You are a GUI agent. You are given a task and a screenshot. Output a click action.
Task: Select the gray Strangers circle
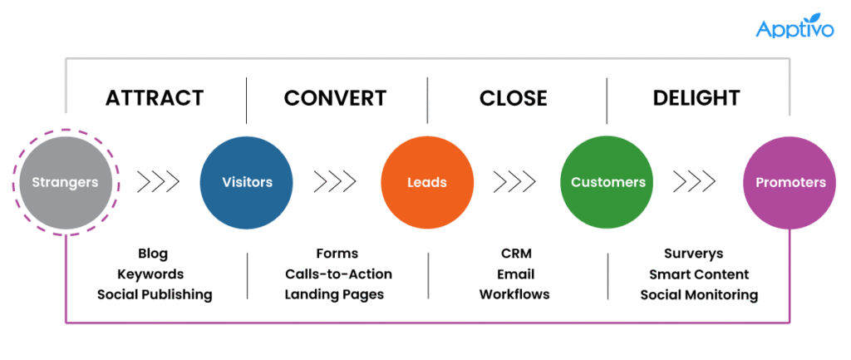(65, 182)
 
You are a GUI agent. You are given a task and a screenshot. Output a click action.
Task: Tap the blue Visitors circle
(247, 182)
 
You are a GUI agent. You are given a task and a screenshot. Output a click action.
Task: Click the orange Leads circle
(427, 182)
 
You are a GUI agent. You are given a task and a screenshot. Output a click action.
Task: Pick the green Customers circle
(608, 182)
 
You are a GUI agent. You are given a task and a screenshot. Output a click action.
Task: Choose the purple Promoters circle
(790, 182)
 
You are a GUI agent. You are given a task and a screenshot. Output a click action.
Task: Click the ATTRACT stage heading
(155, 98)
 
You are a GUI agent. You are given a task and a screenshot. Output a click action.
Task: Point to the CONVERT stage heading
(335, 98)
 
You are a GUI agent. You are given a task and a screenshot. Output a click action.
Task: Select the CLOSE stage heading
(513, 98)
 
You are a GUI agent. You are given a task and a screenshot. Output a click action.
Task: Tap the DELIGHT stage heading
(696, 98)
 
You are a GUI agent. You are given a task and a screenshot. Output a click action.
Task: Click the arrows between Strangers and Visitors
(157, 181)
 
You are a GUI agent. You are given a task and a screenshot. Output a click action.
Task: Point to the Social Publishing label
(155, 294)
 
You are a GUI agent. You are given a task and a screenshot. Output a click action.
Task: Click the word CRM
(516, 254)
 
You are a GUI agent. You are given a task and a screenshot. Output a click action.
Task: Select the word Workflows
(514, 294)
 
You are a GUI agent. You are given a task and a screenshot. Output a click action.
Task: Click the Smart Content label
(699, 274)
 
